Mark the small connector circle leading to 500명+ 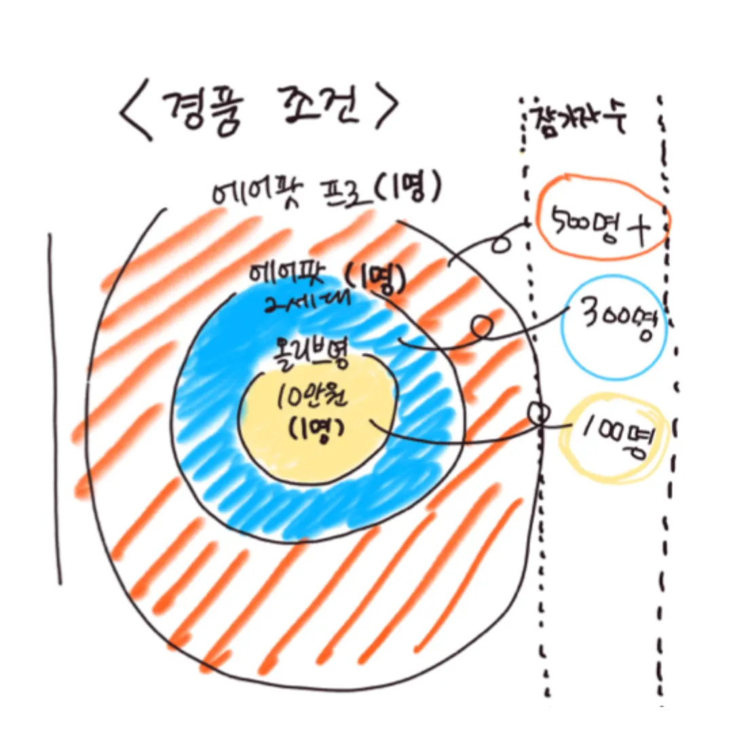[x=501, y=242]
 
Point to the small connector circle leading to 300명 [x=482, y=327]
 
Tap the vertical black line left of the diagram [x=54, y=407]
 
